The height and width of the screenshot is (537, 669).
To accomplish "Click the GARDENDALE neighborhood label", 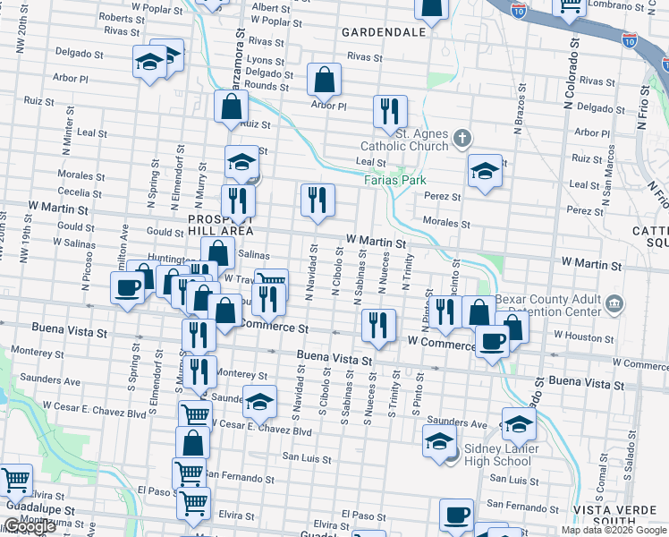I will (383, 32).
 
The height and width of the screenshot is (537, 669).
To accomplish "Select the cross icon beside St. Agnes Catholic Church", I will (462, 138).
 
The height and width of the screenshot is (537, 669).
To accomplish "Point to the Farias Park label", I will (394, 179).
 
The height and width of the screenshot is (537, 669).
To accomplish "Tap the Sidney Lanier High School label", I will (497, 455).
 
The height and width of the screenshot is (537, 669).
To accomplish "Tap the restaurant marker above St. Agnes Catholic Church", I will (390, 111).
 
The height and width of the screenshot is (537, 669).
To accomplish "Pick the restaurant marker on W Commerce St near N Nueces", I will (379, 325).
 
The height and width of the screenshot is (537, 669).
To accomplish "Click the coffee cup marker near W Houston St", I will (492, 340).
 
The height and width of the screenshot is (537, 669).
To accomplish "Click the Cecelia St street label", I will (80, 192).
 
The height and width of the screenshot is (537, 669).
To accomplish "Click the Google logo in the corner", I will (30, 527).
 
